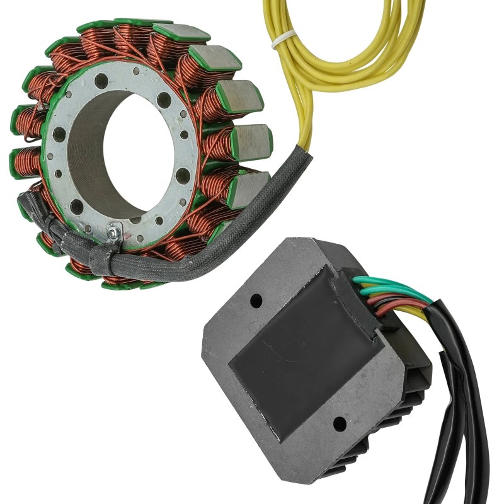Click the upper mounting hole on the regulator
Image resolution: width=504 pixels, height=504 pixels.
(x=256, y=301)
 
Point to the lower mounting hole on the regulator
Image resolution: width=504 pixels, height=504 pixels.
(x=340, y=423)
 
